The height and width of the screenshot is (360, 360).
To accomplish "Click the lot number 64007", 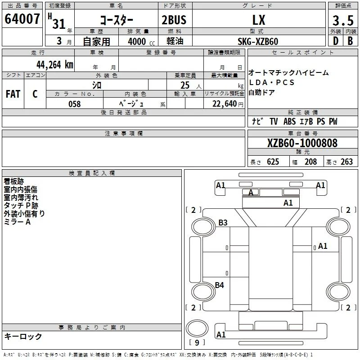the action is [22, 19].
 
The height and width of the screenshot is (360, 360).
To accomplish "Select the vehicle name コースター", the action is [117, 20].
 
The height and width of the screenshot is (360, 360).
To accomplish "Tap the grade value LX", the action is [259, 20].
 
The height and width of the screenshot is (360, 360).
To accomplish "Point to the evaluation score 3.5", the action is [343, 21].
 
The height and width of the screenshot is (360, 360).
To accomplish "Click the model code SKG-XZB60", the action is [258, 41].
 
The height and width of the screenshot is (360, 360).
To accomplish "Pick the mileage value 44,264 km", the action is [55, 65].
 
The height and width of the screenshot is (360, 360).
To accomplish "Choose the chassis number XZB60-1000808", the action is [302, 143].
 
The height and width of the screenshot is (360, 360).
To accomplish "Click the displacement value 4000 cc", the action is [141, 42].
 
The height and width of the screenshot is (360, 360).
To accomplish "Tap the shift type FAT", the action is [13, 94].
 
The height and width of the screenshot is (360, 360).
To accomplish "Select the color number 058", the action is [75, 104].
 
